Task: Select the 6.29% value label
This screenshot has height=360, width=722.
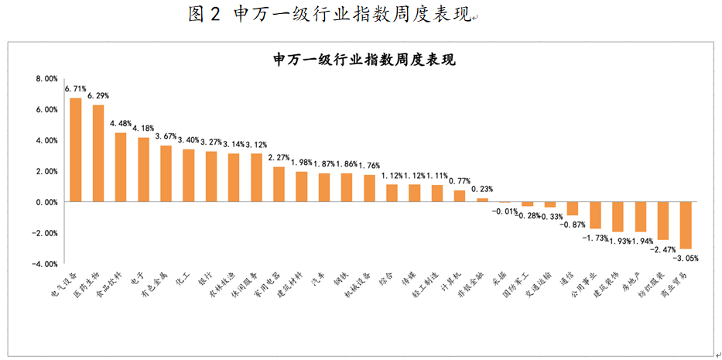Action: point(98,96)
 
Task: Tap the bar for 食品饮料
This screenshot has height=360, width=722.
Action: point(121,166)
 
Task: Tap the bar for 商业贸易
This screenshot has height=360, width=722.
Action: point(686,225)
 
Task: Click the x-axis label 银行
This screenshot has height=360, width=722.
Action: point(204,280)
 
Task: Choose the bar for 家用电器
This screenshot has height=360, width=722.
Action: point(279,184)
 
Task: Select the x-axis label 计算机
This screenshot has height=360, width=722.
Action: point(452,282)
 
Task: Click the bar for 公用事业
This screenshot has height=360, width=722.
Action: point(595,215)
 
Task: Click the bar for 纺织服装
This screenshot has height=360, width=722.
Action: point(663,221)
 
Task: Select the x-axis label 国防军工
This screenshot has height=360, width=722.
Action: point(516,286)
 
